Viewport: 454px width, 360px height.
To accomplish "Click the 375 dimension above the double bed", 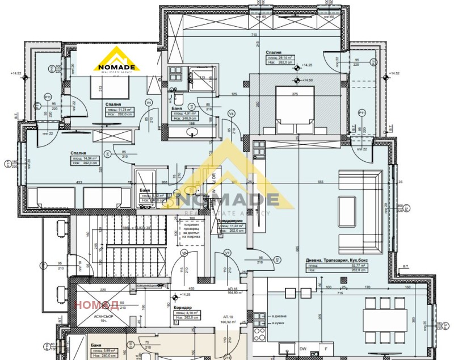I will (x=295, y=95).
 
